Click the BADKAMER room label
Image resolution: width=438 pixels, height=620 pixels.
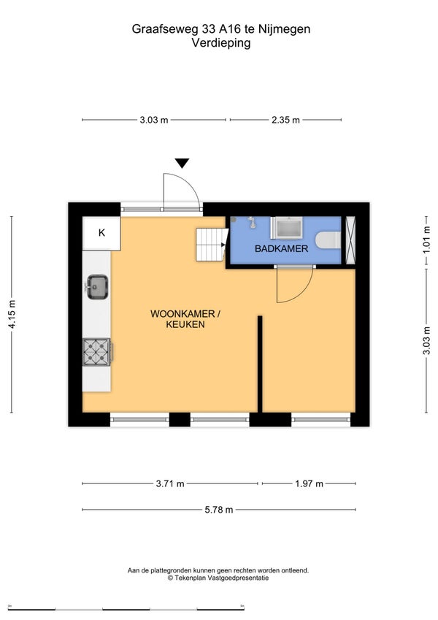[281, 249]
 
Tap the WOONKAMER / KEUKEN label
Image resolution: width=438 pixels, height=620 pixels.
[185, 319]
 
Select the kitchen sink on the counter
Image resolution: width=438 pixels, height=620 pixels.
[97, 287]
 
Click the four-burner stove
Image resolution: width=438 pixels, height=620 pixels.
[97, 352]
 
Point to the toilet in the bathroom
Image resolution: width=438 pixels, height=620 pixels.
[328, 240]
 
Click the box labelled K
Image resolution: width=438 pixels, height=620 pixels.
[101, 233]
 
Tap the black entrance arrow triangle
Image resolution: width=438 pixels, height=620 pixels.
[182, 163]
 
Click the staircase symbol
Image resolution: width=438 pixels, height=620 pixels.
[212, 245]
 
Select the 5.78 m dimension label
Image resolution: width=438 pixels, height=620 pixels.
[218, 510]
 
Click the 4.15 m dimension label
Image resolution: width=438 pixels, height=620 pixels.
[12, 314]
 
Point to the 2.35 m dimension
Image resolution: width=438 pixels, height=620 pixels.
[285, 120]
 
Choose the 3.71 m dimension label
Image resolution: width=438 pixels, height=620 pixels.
[170, 483]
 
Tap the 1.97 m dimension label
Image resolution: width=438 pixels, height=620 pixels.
[309, 483]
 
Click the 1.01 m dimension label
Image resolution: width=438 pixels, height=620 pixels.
[426, 240]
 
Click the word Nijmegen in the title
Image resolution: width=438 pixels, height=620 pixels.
[284, 29]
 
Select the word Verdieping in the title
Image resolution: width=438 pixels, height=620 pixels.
[221, 42]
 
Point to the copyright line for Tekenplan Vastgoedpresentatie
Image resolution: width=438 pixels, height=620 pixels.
[218, 578]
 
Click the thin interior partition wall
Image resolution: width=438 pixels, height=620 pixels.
[260, 364]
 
